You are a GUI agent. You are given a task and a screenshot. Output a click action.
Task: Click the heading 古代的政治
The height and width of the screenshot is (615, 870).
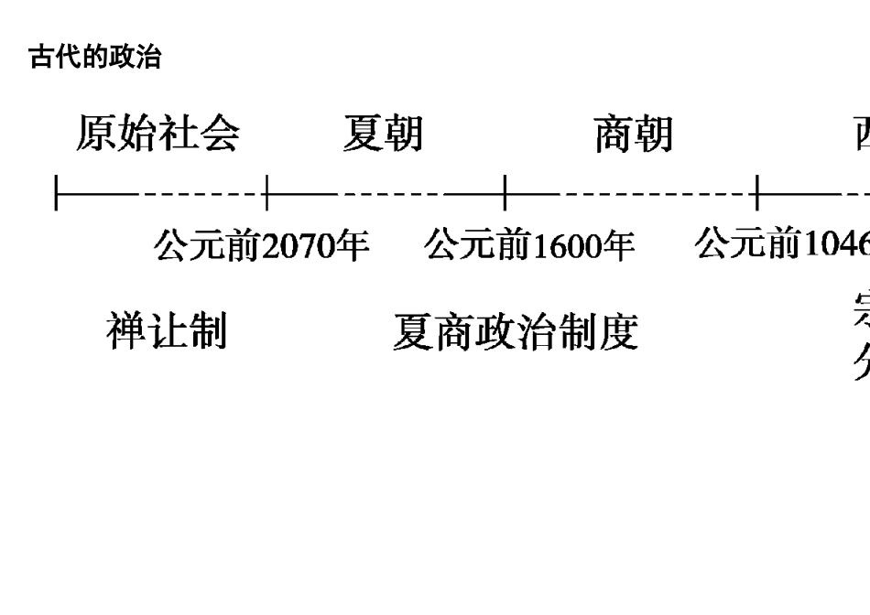tap(95, 59)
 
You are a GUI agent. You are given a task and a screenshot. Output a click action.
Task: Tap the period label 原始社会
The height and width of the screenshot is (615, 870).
tap(158, 134)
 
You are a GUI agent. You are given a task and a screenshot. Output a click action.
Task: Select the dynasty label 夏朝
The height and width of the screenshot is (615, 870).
tap(383, 134)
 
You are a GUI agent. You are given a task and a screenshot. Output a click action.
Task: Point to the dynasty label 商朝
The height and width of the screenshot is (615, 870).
tap(633, 134)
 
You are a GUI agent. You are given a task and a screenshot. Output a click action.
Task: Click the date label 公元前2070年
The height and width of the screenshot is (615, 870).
tap(262, 245)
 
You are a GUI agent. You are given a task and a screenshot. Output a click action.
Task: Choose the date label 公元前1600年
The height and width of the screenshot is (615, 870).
tap(529, 245)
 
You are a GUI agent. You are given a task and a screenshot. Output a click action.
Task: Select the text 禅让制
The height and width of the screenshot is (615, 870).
tap(167, 330)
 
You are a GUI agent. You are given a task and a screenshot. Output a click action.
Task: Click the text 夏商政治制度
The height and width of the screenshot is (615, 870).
tap(515, 332)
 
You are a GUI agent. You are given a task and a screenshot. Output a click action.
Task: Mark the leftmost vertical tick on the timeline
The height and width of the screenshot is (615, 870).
tap(56, 194)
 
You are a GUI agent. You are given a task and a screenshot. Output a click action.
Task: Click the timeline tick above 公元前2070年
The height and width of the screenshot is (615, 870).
tap(266, 194)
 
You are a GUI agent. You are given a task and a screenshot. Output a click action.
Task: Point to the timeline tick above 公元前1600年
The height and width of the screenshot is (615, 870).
tap(505, 194)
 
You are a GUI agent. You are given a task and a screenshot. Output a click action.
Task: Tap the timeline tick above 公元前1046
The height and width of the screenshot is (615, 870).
tap(757, 194)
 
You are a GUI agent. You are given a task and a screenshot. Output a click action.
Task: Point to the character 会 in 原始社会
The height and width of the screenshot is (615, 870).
tap(220, 134)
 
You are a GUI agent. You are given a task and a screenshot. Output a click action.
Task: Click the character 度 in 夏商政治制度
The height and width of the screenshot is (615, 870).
tap(618, 332)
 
